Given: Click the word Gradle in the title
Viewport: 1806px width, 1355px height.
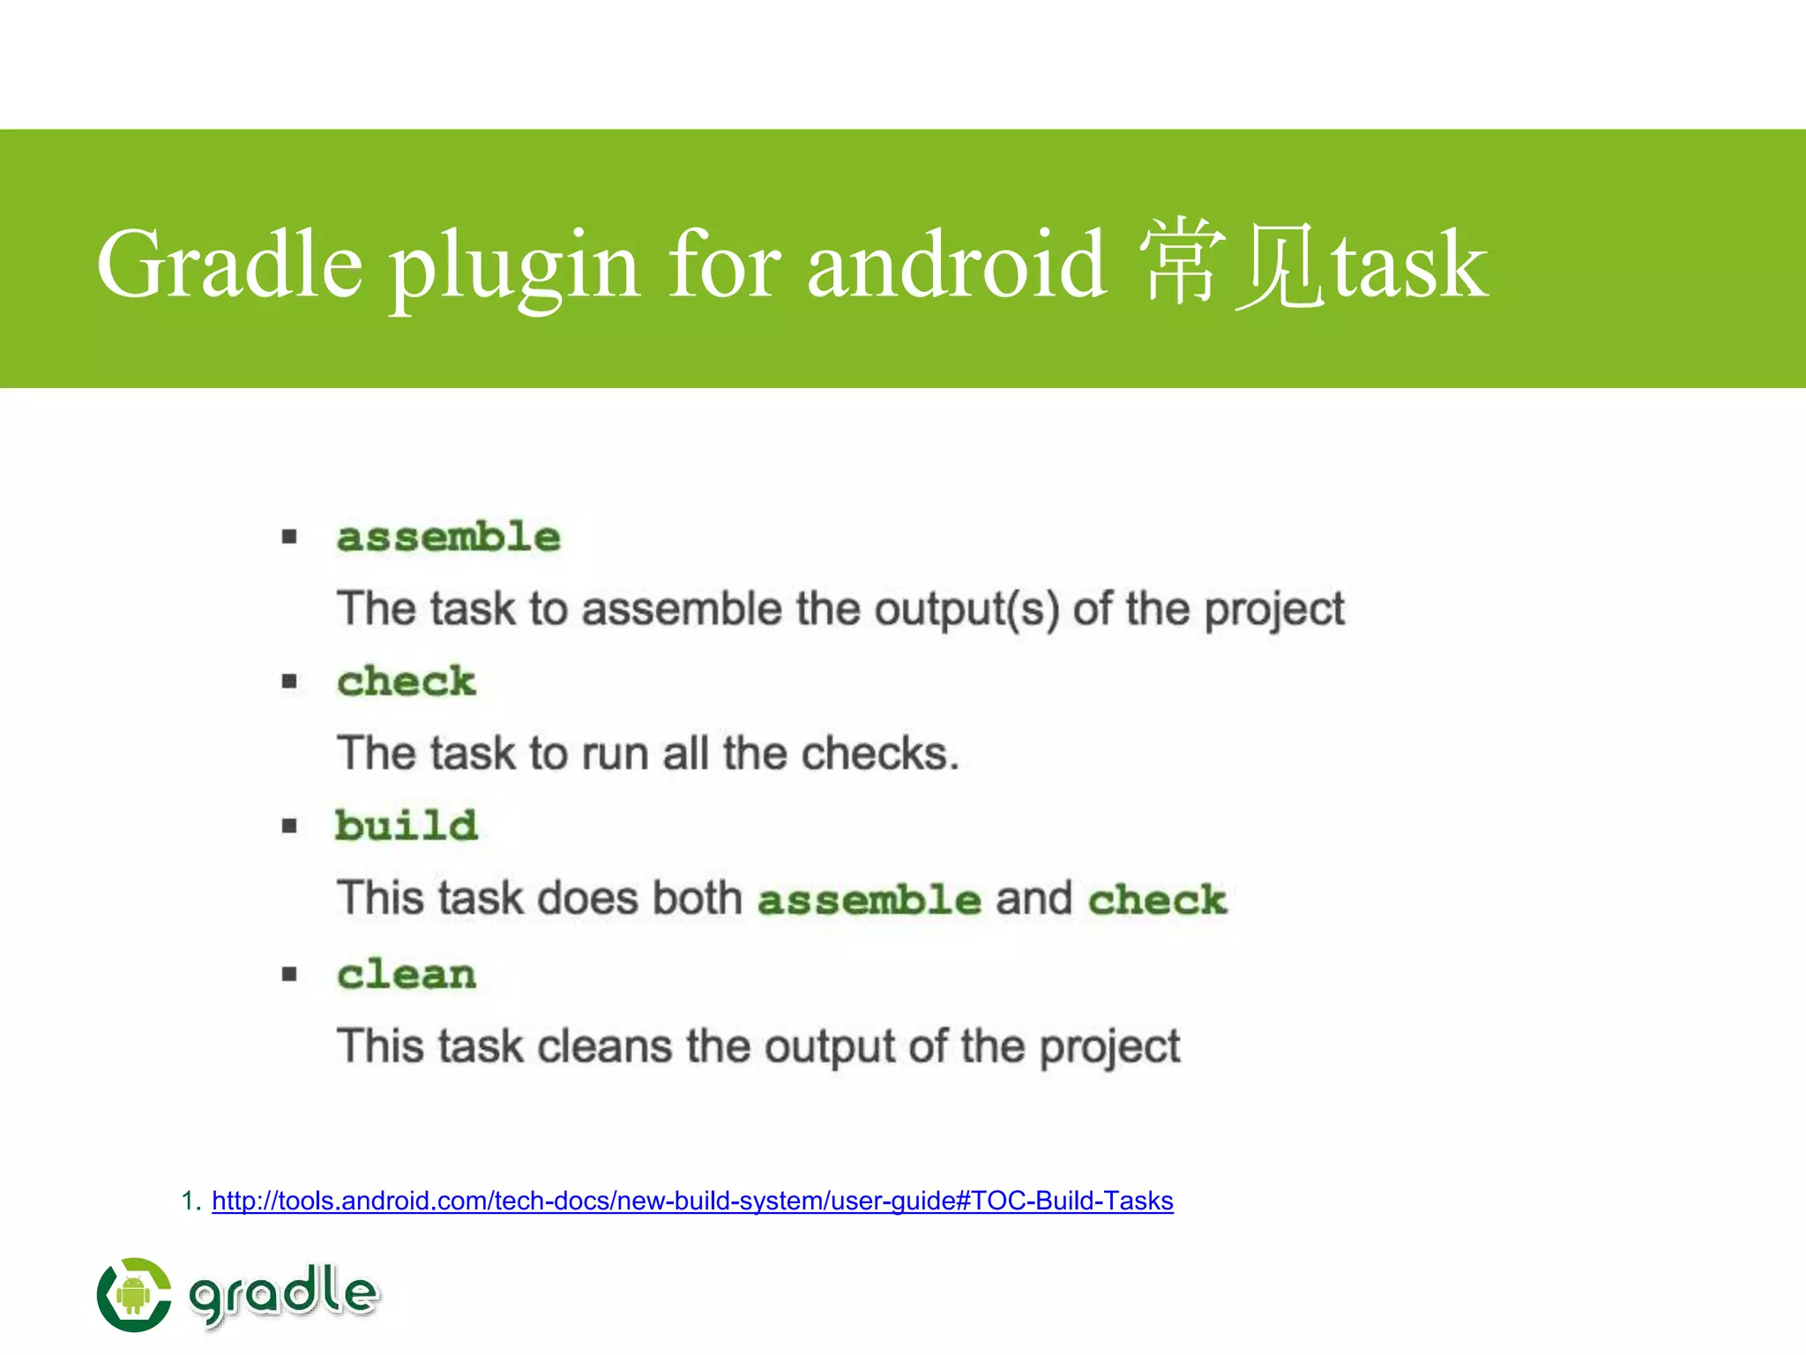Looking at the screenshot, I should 229,265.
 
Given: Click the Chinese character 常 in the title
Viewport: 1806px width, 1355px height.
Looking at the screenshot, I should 1182,265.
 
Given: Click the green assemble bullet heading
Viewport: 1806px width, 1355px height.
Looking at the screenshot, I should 448,537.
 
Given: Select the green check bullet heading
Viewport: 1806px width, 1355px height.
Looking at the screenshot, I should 407,681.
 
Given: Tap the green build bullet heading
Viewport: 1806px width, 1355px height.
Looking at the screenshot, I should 407,826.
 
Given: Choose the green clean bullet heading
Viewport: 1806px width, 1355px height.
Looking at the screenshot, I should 407,975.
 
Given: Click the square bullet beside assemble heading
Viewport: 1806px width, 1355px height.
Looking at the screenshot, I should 289,537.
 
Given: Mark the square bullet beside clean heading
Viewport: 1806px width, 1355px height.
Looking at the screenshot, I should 289,975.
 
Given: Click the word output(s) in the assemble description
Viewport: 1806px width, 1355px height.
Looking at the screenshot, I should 966,610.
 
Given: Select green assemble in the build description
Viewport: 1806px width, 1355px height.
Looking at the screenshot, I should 869,900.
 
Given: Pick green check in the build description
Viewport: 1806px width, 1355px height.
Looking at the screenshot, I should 1157,900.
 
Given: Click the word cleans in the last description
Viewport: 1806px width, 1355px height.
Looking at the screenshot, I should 605,1046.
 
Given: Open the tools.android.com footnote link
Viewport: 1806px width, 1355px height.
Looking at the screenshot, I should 692,1201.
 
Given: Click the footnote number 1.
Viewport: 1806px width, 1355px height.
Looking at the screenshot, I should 189,1201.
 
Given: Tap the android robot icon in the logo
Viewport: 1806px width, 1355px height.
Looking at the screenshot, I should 134,1295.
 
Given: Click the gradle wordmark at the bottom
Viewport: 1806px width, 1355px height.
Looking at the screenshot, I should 283,1293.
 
